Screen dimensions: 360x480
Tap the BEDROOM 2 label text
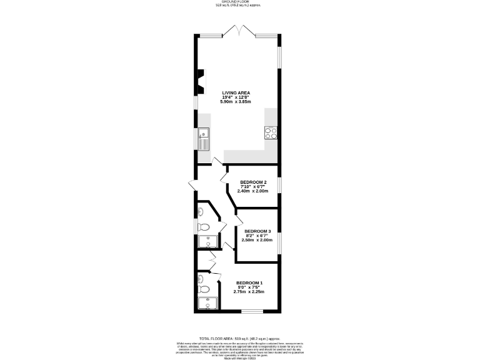(x=254, y=182)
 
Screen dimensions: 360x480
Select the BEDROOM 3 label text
(x=257, y=231)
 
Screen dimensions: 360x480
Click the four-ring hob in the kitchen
(x=271, y=132)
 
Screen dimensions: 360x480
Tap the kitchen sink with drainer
(x=204, y=139)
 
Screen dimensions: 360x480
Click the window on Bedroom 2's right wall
(x=279, y=186)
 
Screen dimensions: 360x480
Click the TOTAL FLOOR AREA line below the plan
(x=239, y=337)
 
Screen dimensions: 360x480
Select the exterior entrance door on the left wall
(x=192, y=186)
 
